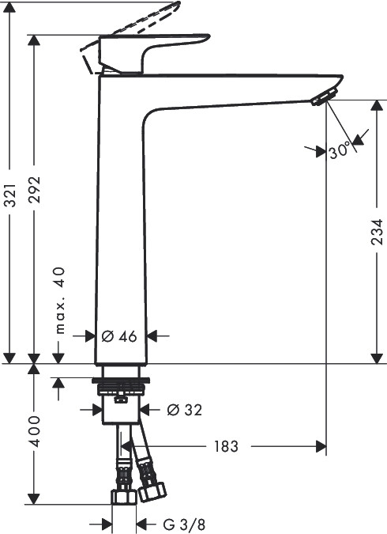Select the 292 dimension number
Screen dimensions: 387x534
click(x=34, y=190)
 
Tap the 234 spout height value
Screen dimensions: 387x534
click(x=377, y=232)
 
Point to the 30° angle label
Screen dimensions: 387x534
click(x=339, y=150)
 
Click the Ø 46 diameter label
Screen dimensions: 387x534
click(x=119, y=336)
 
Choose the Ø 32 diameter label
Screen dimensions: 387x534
click(x=184, y=410)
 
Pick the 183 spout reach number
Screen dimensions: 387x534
click(x=226, y=446)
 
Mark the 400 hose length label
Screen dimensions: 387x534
click(x=34, y=431)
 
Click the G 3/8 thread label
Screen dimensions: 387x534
click(x=185, y=525)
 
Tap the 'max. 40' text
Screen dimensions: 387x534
click(x=59, y=301)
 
